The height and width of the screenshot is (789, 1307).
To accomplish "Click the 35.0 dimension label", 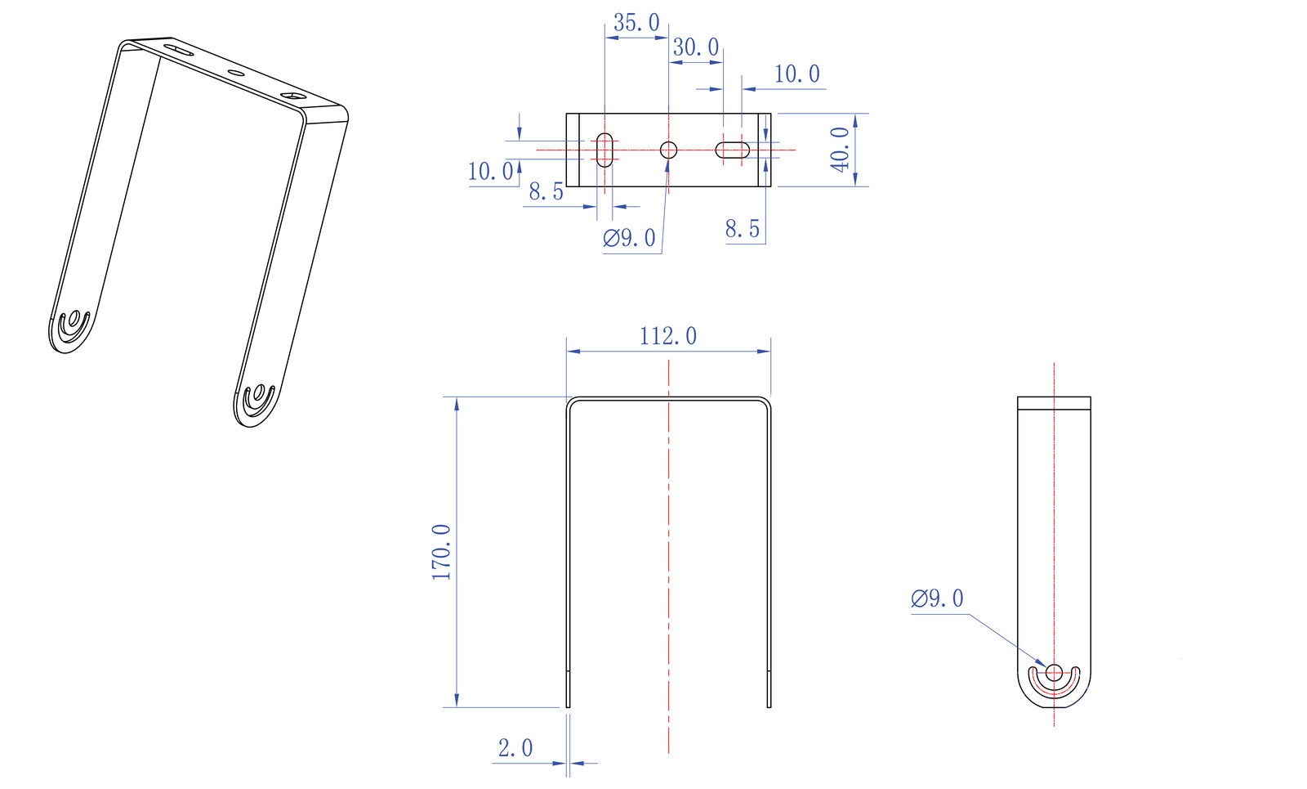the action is coord(636,24).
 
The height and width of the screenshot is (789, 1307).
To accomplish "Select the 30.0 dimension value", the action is coord(695,47).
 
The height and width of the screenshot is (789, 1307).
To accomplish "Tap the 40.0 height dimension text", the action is coord(841,150).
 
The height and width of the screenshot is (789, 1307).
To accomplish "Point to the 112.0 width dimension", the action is coord(668,336).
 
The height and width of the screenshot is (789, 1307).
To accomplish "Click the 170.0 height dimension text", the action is coord(442,552).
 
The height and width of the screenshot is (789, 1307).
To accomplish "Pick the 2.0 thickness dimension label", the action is coord(515,748).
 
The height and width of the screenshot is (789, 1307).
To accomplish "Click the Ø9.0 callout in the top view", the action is coord(629,238).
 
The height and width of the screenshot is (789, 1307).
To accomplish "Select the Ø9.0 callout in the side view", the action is coord(937,598).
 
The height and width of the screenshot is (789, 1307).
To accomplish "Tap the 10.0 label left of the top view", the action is coord(490,172).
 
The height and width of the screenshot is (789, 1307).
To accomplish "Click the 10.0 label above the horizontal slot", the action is coord(796,74).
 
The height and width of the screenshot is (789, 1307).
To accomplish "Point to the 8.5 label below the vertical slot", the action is coord(546,191).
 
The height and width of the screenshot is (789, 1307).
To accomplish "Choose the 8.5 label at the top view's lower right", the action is coord(743,229).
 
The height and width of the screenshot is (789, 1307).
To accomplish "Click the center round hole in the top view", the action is coord(668,150).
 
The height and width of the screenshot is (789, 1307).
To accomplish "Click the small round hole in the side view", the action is coord(1054,672).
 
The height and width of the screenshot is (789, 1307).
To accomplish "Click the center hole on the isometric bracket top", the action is coord(236,74).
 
